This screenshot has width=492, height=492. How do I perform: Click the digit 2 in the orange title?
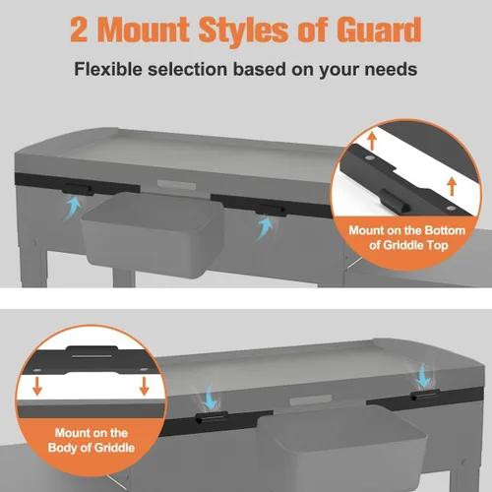pyautogui.click(x=79, y=31)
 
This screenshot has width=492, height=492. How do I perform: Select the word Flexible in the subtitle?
pyautogui.click(x=108, y=69)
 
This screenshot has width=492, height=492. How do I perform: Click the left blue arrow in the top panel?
pyautogui.click(x=73, y=207)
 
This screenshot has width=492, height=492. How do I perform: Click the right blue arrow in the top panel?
pyautogui.click(x=265, y=228)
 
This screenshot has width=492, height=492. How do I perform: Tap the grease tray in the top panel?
pyautogui.click(x=153, y=234)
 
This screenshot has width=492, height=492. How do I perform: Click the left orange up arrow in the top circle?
pyautogui.click(x=372, y=141)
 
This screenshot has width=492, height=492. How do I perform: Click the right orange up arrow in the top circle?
pyautogui.click(x=452, y=186)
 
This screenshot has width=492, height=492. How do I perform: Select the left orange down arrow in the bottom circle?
pyautogui.click(x=37, y=386)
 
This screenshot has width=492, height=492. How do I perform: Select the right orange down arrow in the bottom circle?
pyautogui.click(x=145, y=386)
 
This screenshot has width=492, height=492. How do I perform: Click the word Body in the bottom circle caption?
pyautogui.click(x=62, y=448)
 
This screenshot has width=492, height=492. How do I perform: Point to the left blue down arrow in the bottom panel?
pyautogui.click(x=210, y=398)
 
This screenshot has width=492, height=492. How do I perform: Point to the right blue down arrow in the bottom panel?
pyautogui.click(x=424, y=376)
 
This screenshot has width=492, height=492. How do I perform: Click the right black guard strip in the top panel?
pyautogui.click(x=271, y=206)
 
